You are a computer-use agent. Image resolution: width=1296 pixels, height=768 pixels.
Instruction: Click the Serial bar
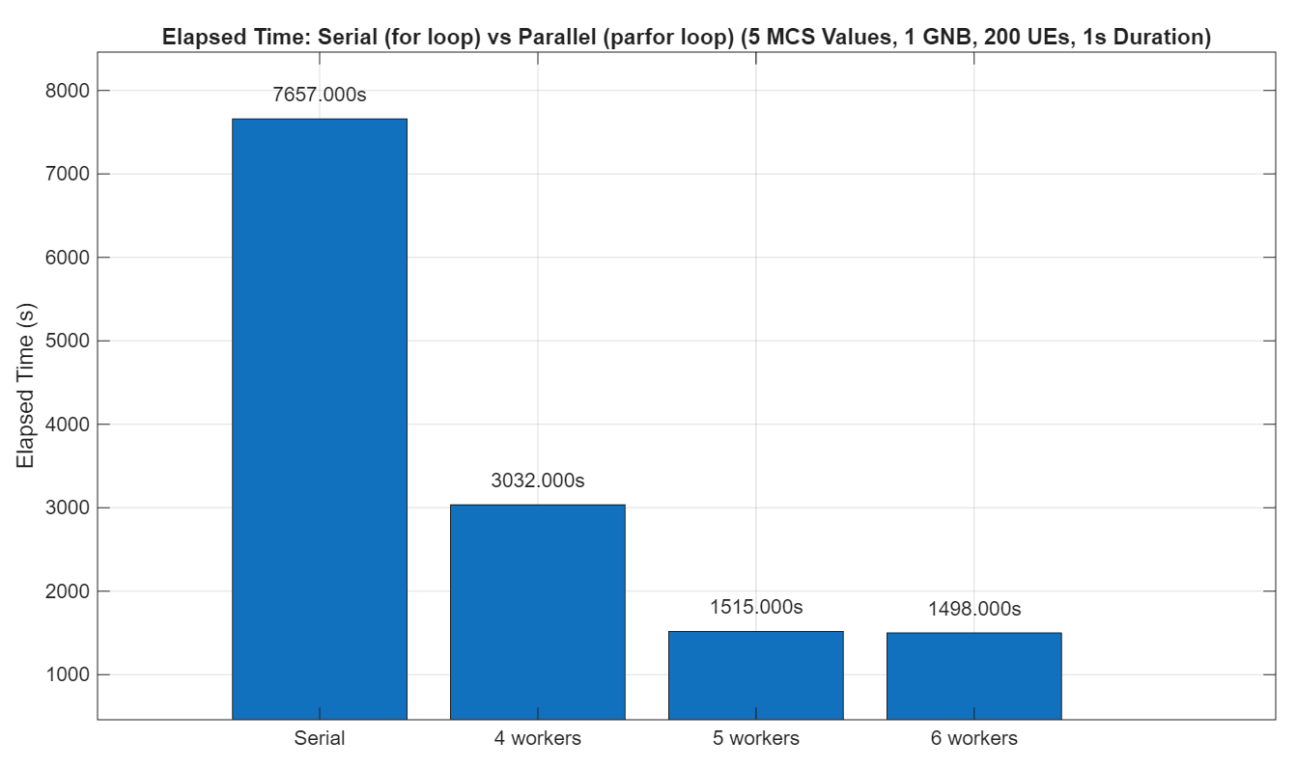point(320,419)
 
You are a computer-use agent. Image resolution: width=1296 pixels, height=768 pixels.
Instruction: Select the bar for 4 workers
point(538,612)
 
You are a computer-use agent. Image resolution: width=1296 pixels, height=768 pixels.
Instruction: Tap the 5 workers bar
point(756,675)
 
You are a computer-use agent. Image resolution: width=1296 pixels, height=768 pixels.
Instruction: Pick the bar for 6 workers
point(973,675)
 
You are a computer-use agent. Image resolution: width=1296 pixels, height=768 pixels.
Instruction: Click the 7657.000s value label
point(320,96)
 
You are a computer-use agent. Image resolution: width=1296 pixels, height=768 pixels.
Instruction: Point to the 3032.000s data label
point(538,480)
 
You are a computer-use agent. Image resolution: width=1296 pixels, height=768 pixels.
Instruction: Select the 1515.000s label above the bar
point(756,607)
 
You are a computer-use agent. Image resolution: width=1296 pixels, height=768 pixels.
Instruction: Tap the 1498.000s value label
point(973,609)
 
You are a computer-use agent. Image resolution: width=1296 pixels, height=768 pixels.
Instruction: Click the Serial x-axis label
point(320,739)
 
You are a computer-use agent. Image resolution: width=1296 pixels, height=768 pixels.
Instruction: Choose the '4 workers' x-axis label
point(538,739)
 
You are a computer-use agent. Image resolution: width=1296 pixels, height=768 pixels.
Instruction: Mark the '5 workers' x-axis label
point(756,739)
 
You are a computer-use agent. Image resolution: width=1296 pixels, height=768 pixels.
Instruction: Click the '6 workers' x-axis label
point(973,739)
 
